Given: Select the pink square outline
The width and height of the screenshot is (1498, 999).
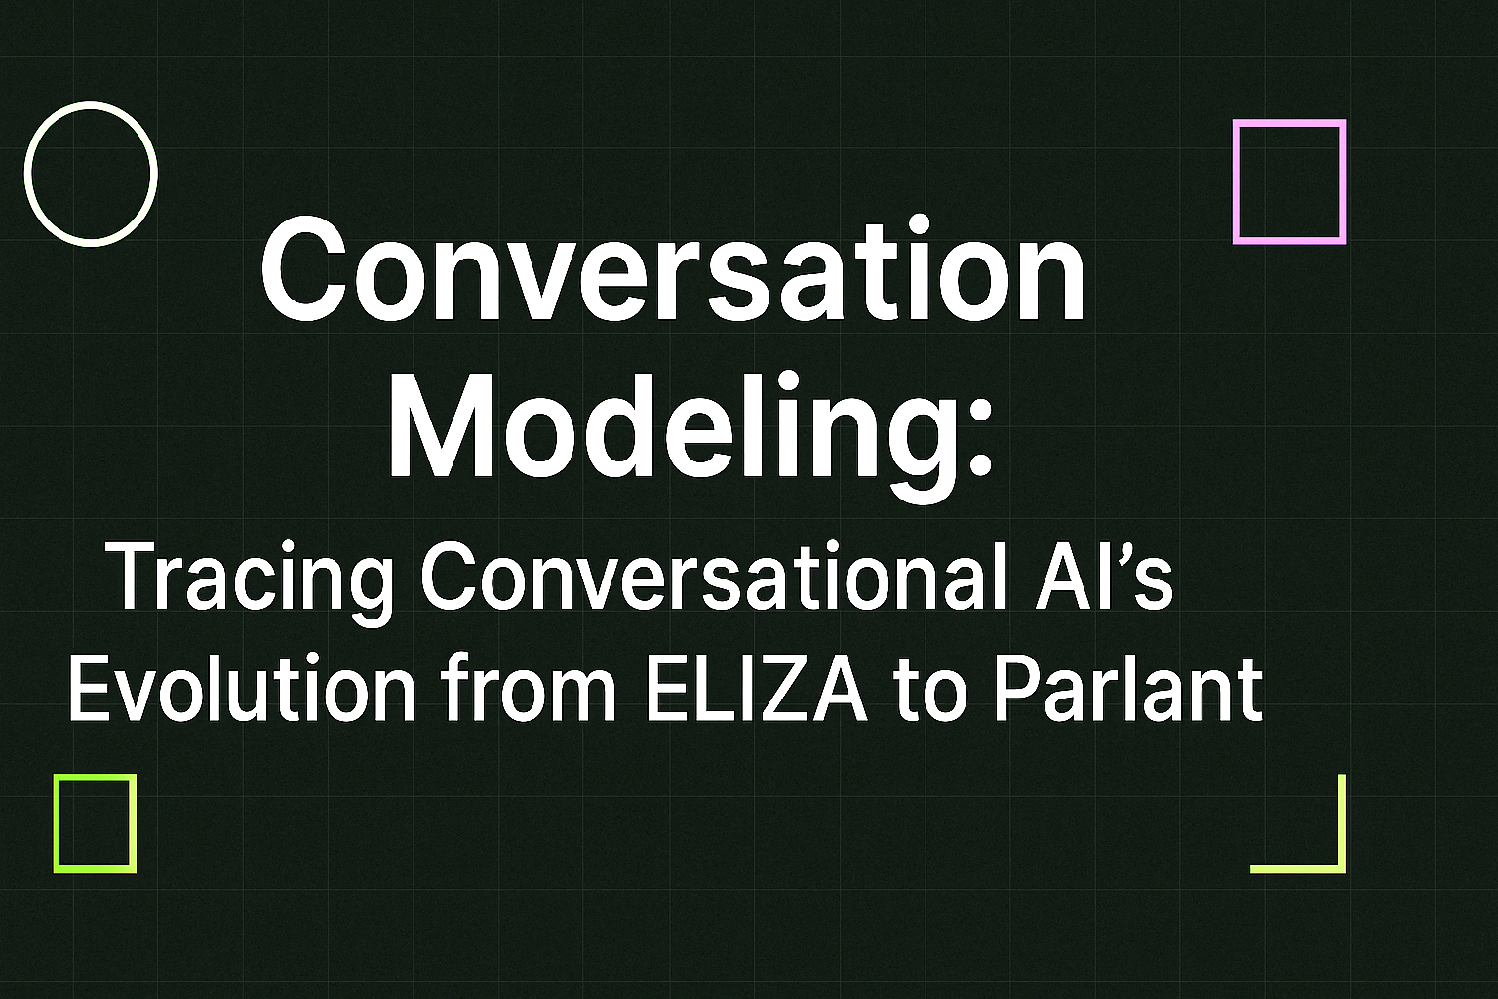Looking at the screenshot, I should (1289, 123).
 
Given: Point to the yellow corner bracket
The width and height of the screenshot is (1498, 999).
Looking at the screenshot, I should (1341, 865).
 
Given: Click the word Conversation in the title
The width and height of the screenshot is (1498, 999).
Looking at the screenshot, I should (673, 271).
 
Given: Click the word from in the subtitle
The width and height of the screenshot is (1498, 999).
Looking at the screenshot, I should (529, 689).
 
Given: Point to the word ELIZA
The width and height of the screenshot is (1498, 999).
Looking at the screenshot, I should (756, 689).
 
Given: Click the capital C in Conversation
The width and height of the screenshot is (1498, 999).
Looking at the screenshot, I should (300, 271).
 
